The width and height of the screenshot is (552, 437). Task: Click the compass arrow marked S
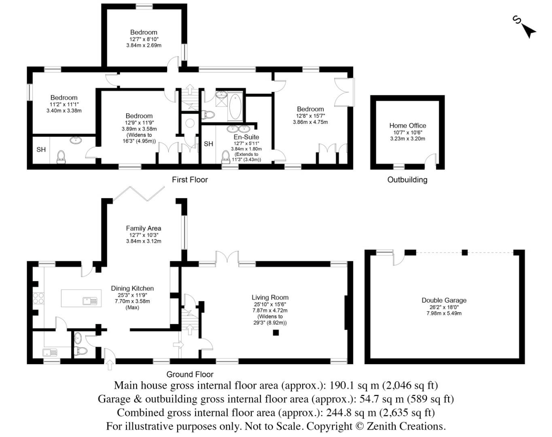click(x=527, y=30)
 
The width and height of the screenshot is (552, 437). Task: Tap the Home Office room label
click(x=408, y=125)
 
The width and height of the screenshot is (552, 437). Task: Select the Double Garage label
click(x=444, y=300)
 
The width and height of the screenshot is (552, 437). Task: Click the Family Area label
click(x=143, y=228)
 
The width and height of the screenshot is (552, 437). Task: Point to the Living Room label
click(x=270, y=297)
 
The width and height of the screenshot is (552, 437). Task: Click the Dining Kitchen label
click(x=132, y=289)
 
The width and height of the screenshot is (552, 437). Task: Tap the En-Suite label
click(x=246, y=137)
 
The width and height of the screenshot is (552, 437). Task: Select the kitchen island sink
click(x=90, y=301)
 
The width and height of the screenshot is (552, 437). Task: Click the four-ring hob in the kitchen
click(x=38, y=299)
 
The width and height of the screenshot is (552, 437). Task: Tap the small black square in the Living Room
click(x=276, y=333)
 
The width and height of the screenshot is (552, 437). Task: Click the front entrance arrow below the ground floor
click(x=109, y=365)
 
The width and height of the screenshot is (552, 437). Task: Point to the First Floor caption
click(x=190, y=180)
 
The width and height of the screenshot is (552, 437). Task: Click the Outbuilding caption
click(x=407, y=180)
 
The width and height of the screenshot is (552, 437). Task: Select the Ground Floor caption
click(x=190, y=374)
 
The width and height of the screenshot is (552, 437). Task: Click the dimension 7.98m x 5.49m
click(x=444, y=313)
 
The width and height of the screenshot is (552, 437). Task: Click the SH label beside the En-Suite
click(x=208, y=144)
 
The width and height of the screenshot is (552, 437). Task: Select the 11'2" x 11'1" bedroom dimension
click(x=64, y=104)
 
